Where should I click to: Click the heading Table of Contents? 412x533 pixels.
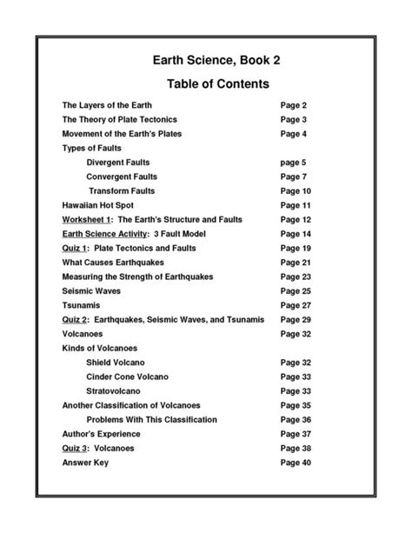coord(206,84)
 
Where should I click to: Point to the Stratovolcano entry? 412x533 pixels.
coord(119,391)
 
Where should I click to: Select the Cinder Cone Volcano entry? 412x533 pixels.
coord(128,376)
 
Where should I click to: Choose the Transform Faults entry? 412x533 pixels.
coord(122,190)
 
